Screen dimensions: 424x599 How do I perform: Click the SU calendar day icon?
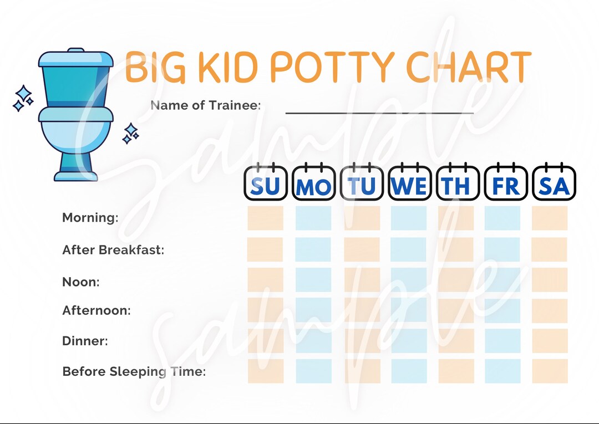266,183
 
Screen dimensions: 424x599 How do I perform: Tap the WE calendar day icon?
409,183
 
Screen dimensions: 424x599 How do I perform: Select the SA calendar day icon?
554,183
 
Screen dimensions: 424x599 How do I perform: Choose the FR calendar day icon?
506,183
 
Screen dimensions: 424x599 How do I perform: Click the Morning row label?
90,218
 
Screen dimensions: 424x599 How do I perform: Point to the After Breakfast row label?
113,250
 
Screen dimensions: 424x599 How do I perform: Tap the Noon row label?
81,282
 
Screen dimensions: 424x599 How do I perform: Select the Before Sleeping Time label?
134,371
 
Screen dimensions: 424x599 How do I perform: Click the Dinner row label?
85,341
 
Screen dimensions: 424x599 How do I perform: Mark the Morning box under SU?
265,218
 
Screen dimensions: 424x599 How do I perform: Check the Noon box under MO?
313,280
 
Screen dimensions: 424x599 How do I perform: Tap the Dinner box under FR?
502,341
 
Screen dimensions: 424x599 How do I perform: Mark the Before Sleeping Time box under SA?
550,371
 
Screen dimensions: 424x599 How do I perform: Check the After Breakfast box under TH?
456,249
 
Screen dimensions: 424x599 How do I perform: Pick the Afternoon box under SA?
550,310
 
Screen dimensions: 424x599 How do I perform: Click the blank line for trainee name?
379,113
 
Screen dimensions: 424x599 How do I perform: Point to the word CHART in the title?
469,67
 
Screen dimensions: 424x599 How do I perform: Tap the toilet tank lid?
76,58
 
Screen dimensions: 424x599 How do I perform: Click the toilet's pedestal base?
76,166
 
